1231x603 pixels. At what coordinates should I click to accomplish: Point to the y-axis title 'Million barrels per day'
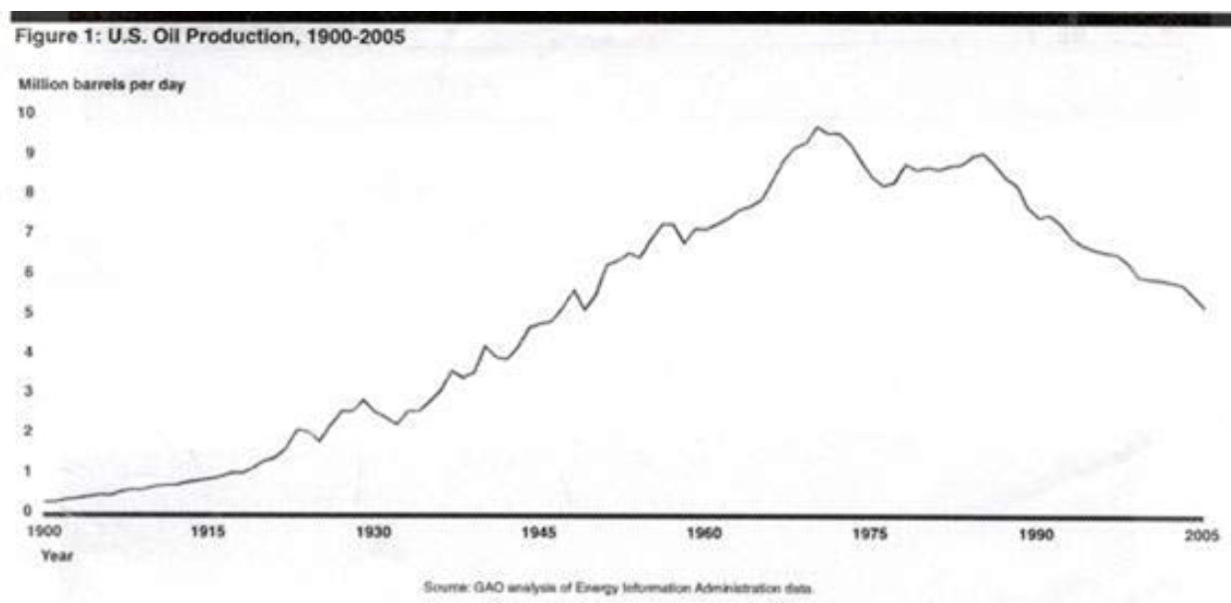[99, 85]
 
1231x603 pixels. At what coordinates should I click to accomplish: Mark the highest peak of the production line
[817, 128]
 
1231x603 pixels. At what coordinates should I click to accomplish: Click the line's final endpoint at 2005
[1205, 309]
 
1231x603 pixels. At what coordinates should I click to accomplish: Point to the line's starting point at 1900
[45, 501]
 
